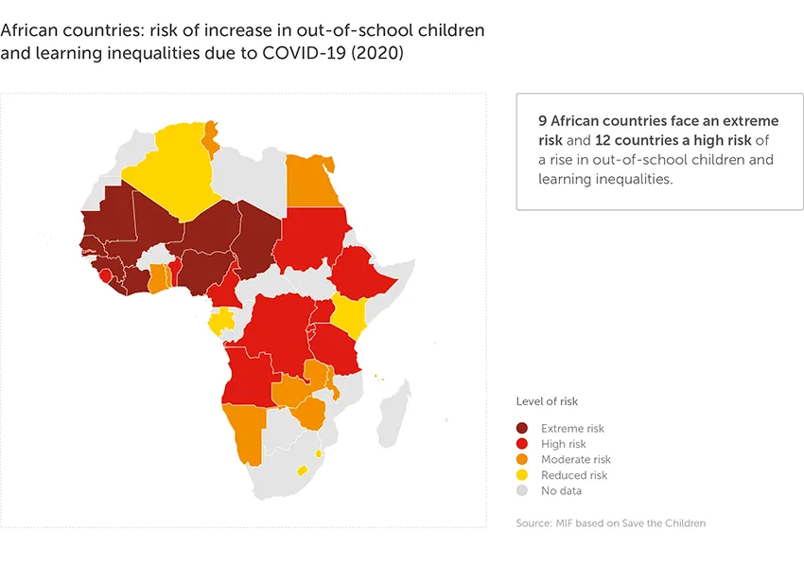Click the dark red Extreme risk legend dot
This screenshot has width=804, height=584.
tap(522, 429)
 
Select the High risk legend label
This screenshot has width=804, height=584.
tap(563, 444)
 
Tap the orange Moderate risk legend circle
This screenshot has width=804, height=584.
tap(522, 459)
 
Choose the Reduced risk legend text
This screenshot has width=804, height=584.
tap(573, 475)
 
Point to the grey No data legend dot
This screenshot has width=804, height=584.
tap(522, 490)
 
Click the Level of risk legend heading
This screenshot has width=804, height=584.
tap(547, 401)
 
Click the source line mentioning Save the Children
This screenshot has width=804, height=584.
tap(610, 523)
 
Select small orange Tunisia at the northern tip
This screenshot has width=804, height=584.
tap(211, 138)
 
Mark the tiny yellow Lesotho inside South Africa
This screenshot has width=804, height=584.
tap(303, 470)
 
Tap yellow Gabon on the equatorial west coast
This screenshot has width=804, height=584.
tap(222, 322)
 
